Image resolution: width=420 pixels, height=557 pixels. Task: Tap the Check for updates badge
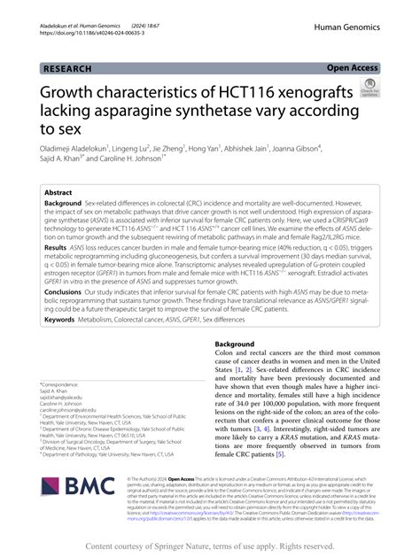click(x=366, y=88)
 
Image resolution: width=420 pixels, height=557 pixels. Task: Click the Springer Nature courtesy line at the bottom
click(x=210, y=545)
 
